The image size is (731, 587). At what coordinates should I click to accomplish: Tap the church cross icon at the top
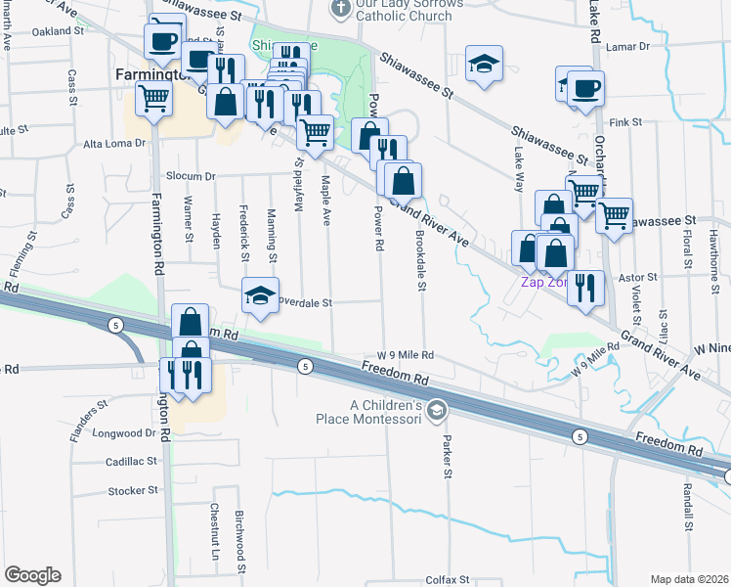[x=340, y=9]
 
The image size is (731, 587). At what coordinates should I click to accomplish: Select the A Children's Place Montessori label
[x=385, y=413]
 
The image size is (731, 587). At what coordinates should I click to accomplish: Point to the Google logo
[x=32, y=575]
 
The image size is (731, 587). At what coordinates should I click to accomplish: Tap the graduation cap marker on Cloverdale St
[x=258, y=295]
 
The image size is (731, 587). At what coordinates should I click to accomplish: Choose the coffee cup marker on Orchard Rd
[x=585, y=90]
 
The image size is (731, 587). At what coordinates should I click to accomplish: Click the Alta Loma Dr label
[x=114, y=143]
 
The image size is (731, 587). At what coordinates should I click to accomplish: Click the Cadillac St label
[x=131, y=461]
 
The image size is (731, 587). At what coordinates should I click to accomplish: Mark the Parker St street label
[x=448, y=458]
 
